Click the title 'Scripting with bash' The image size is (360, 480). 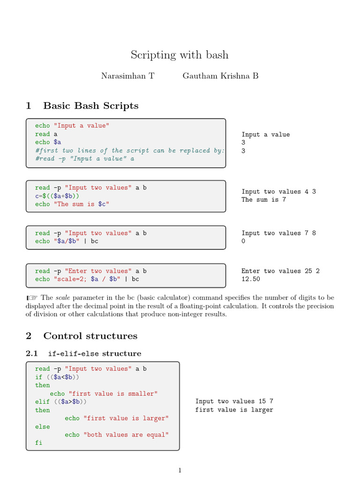[x=180, y=55]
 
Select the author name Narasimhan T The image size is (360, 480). [x=127, y=76]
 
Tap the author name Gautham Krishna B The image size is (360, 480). [x=220, y=76]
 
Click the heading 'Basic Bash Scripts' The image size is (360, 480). [x=90, y=106]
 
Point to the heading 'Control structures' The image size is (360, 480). [x=90, y=336]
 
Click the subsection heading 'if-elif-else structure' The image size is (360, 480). [x=94, y=353]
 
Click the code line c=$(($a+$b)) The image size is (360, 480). [x=57, y=196]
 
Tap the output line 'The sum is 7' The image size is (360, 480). [x=264, y=200]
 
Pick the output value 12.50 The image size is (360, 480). [x=251, y=279]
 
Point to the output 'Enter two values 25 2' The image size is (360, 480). [x=280, y=271]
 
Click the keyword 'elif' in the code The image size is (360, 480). [x=42, y=402]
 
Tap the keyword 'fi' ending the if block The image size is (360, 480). [x=38, y=443]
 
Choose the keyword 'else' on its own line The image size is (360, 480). [x=42, y=427]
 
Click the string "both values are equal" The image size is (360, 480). [x=126, y=435]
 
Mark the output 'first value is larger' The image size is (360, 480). [x=234, y=410]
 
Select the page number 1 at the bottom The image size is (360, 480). [x=180, y=471]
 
